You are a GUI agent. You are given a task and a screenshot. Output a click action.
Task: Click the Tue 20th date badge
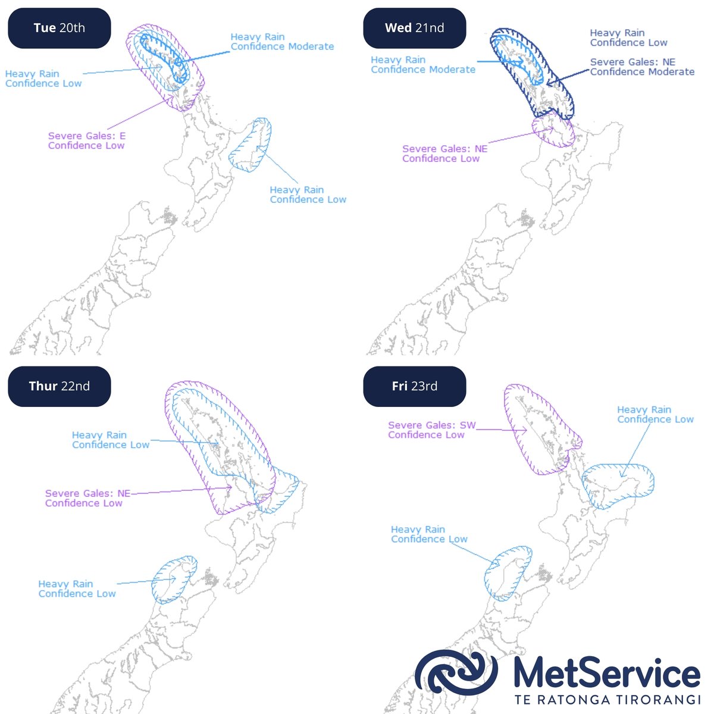(x=59, y=28)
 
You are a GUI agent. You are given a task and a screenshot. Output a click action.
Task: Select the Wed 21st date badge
(x=415, y=28)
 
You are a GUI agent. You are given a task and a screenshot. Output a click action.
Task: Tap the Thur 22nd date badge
(x=59, y=386)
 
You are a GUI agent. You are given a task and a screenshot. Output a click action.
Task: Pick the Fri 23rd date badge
(x=415, y=386)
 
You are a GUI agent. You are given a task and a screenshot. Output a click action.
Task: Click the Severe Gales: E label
(x=86, y=140)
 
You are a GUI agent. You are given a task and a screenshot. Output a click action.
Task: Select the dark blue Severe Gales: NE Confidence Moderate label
(x=642, y=67)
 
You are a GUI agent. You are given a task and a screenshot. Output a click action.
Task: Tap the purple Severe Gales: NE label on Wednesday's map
(x=444, y=154)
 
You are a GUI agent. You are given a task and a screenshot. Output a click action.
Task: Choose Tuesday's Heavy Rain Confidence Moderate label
(x=282, y=42)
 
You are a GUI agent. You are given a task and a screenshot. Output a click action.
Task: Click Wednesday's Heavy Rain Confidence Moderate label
(x=422, y=64)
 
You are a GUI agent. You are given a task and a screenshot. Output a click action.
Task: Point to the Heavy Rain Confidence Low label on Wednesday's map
(x=628, y=37)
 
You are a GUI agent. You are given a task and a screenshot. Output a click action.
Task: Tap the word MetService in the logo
(x=606, y=673)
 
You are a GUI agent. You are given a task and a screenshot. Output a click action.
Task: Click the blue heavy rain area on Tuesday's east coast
(x=251, y=146)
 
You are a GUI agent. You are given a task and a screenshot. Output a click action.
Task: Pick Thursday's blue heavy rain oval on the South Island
(x=173, y=580)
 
